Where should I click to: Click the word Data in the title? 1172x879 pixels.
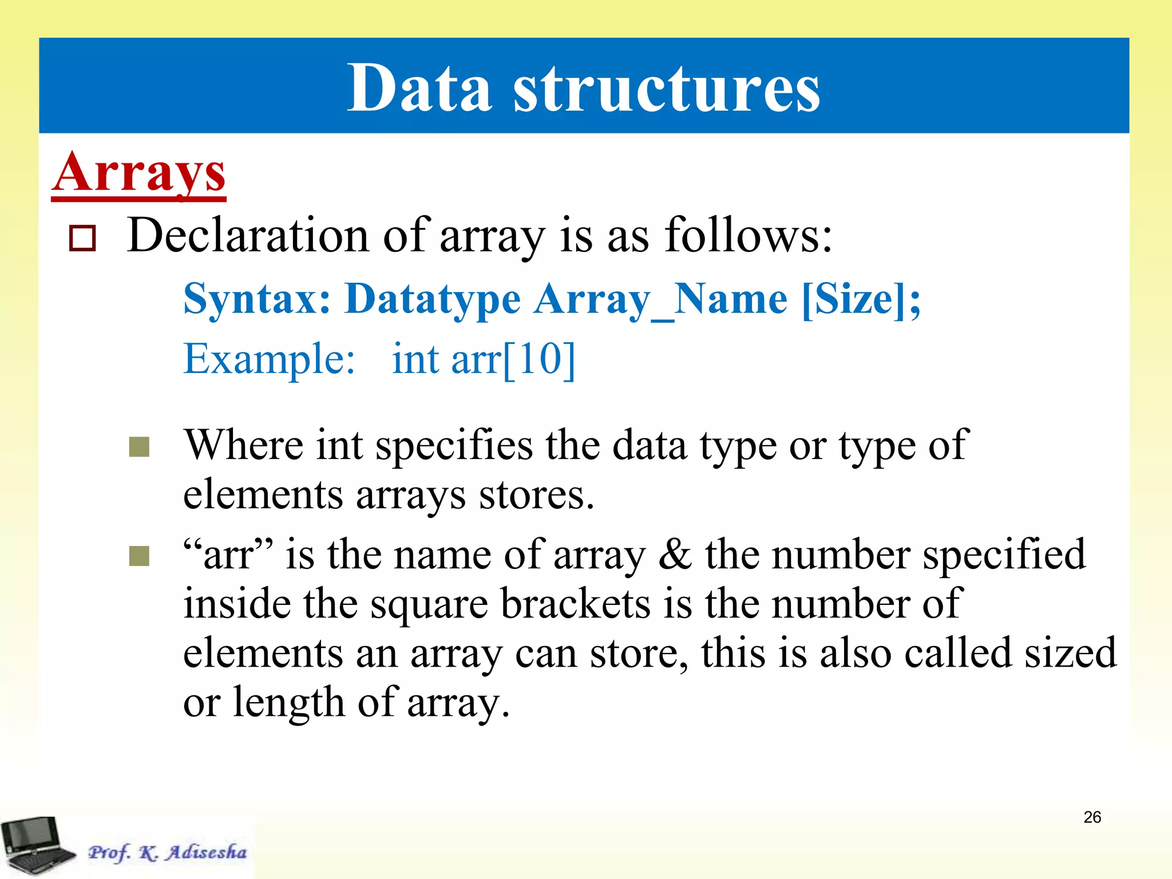coord(419,89)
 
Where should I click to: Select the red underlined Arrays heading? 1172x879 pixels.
coord(139,173)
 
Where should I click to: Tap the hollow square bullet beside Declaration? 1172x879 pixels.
coord(82,238)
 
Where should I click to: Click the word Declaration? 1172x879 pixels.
coord(248,235)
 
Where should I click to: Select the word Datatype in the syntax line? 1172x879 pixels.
coord(433,300)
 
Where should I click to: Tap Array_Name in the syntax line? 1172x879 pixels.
coord(660,300)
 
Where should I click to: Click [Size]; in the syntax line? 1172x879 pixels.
coord(861,300)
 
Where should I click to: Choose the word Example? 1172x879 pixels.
coord(269,359)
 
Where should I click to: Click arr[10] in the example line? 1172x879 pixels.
coord(513,359)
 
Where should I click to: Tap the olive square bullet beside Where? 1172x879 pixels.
coord(139,447)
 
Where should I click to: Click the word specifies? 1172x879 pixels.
coord(454,445)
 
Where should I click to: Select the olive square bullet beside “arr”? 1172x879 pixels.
coord(139,556)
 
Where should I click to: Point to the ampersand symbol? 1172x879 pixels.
coord(675,555)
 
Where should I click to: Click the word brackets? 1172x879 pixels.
coord(576,604)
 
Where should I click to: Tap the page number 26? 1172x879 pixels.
coord(1092,817)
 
